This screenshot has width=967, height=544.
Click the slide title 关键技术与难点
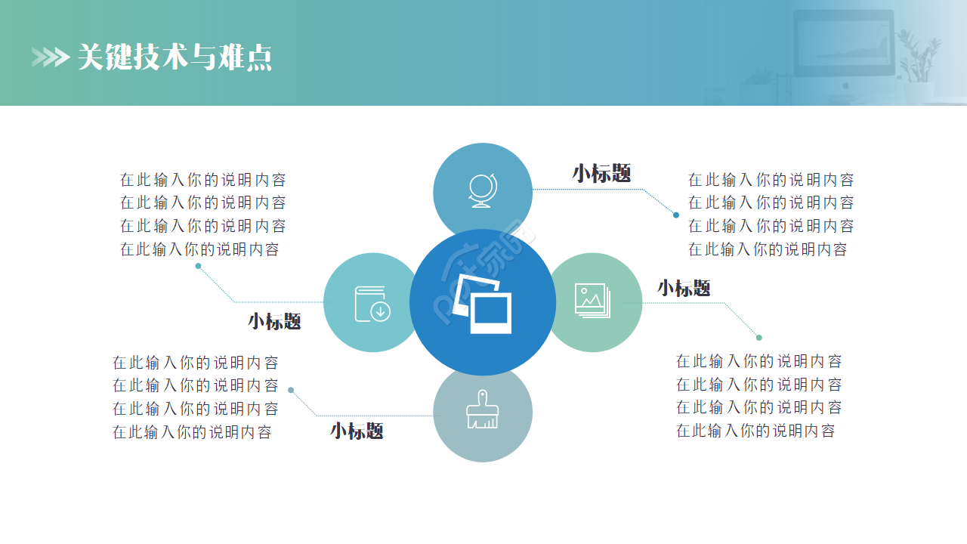point(175,57)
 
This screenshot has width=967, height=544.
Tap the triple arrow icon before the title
point(50,57)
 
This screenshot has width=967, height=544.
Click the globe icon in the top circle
point(483,190)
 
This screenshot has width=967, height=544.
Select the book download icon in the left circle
point(372,303)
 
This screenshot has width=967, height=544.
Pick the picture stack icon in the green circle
point(592,301)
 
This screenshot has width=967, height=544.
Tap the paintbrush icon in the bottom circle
point(482,410)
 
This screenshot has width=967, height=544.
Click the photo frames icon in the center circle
point(482,304)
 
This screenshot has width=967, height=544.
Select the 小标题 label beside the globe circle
point(601,173)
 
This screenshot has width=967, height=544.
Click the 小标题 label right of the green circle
point(684,288)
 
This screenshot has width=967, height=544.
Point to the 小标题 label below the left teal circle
point(274,321)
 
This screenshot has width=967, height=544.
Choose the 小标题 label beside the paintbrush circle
point(357,431)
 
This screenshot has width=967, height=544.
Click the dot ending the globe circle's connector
point(676,215)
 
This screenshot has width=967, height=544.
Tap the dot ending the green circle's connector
point(759,338)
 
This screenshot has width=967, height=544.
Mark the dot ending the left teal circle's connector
point(198,266)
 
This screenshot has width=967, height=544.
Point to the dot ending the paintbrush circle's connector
point(291,391)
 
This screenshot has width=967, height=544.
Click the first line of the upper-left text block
point(202,180)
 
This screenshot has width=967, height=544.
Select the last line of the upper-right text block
point(768,249)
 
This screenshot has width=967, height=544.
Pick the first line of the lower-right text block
point(758,361)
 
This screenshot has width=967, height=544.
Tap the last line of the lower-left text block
point(192,432)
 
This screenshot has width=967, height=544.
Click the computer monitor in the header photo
point(842,43)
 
